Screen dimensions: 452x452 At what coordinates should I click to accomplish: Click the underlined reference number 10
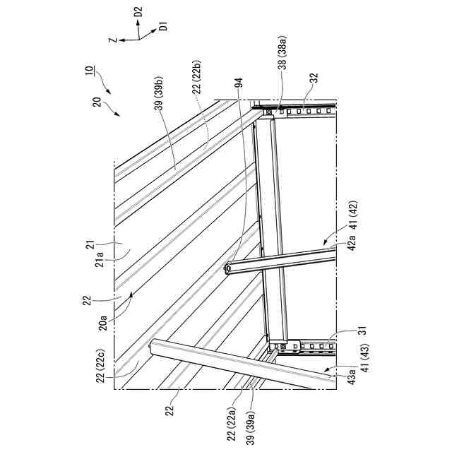click(x=89, y=71)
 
